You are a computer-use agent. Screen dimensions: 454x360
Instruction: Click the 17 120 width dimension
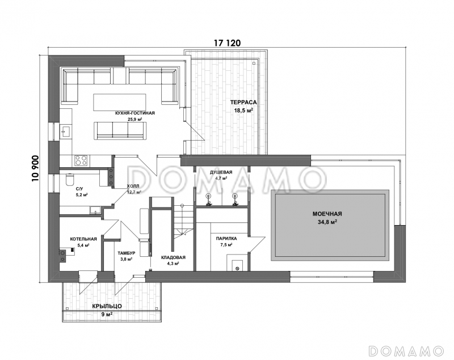pyautogui.click(x=227, y=43)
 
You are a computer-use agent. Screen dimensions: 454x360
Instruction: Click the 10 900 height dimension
pyautogui.click(x=36, y=168)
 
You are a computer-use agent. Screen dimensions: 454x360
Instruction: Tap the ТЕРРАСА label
pyautogui.click(x=243, y=103)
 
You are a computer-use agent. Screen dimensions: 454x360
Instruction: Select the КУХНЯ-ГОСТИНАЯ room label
pyautogui.click(x=135, y=113)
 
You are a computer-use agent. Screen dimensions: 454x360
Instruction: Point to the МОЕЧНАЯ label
pyautogui.click(x=327, y=214)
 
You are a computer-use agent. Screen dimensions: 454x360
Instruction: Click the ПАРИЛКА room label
pyautogui.click(x=226, y=239)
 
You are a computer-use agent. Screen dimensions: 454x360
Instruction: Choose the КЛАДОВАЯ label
pyautogui.click(x=173, y=257)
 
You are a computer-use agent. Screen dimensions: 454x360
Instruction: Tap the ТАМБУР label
pyautogui.click(x=127, y=253)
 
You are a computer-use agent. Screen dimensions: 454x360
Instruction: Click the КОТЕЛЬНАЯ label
pyautogui.click(x=83, y=239)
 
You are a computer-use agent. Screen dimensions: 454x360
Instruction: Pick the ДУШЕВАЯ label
pyautogui.click(x=221, y=172)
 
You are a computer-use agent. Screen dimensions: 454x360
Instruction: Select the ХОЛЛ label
pyautogui.click(x=133, y=186)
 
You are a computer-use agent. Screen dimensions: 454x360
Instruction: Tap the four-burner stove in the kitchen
pyautogui.click(x=81, y=160)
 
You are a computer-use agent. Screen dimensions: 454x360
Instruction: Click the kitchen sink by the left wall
pyautogui.click(x=66, y=130)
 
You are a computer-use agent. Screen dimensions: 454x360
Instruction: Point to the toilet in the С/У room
pyautogui.click(x=70, y=179)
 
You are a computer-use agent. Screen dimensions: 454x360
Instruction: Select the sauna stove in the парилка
pyautogui.click(x=237, y=265)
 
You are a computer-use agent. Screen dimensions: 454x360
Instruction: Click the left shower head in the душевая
pyautogui.click(x=208, y=200)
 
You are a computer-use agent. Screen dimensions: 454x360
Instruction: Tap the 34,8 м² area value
pyautogui.click(x=327, y=222)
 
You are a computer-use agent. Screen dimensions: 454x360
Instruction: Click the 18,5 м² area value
pyautogui.click(x=243, y=110)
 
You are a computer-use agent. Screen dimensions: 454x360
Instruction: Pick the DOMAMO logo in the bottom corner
pyautogui.click(x=406, y=351)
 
